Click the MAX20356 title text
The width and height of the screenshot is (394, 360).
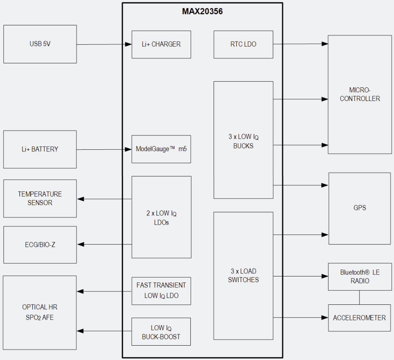click(202, 11)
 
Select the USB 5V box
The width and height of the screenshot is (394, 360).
click(40, 44)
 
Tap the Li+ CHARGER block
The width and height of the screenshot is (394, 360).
click(161, 44)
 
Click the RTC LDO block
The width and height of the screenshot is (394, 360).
click(243, 44)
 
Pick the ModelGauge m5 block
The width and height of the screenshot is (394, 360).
click(161, 149)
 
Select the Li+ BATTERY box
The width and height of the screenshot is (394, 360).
click(40, 149)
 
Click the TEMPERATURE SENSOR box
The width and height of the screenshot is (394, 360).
click(40, 198)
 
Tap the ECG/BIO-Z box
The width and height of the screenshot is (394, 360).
click(40, 245)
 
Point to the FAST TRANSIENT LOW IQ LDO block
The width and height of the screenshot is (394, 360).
click(161, 290)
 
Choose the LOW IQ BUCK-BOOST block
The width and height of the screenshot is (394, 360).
click(161, 332)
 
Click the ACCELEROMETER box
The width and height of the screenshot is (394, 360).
click(359, 318)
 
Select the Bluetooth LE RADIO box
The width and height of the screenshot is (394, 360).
click(360, 276)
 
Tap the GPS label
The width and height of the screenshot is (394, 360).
click(360, 208)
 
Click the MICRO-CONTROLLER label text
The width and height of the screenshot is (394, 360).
click(360, 94)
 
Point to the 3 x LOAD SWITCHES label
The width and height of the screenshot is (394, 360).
click(243, 276)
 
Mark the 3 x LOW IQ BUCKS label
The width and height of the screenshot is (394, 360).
click(243, 141)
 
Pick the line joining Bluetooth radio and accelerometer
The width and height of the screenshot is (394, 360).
click(360, 297)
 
